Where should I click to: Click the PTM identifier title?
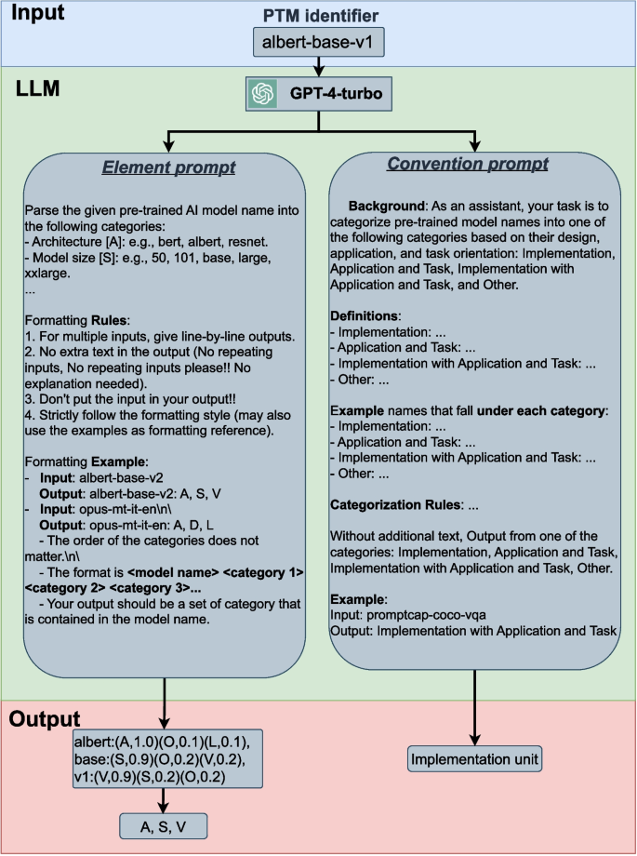319,15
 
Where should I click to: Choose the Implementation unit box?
475,759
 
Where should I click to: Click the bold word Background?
385,205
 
